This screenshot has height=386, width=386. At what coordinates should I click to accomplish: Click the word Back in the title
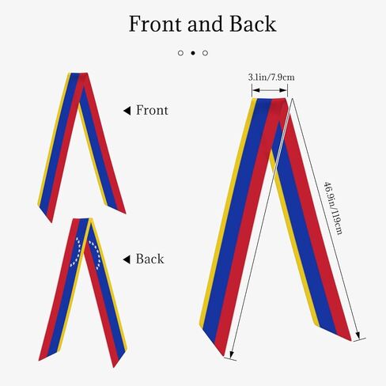(x=253, y=24)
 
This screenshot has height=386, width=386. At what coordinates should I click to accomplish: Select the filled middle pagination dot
(x=193, y=53)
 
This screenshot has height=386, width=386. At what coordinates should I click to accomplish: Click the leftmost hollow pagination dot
(x=180, y=53)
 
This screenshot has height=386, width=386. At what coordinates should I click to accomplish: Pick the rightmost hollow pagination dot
(x=205, y=53)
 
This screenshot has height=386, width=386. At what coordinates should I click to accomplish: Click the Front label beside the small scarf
(x=152, y=110)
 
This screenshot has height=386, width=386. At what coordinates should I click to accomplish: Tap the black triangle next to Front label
(x=127, y=111)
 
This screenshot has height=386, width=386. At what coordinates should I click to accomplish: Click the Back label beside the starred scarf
(x=149, y=259)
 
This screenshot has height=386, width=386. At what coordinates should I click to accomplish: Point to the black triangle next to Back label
(x=127, y=259)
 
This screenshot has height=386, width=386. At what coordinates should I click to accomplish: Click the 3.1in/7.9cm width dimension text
(x=271, y=78)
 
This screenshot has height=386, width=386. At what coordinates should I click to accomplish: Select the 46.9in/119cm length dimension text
(x=333, y=208)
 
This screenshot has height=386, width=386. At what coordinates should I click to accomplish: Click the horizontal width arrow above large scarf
(x=270, y=90)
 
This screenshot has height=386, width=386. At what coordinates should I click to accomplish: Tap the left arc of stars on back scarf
(x=76, y=252)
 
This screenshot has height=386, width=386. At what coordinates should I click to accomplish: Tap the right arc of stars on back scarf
(x=96, y=255)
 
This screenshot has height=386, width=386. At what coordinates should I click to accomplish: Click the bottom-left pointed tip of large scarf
(x=224, y=355)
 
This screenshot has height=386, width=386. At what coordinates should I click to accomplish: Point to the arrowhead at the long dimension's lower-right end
(x=358, y=335)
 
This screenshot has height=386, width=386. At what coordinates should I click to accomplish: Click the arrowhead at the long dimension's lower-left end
(x=232, y=354)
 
